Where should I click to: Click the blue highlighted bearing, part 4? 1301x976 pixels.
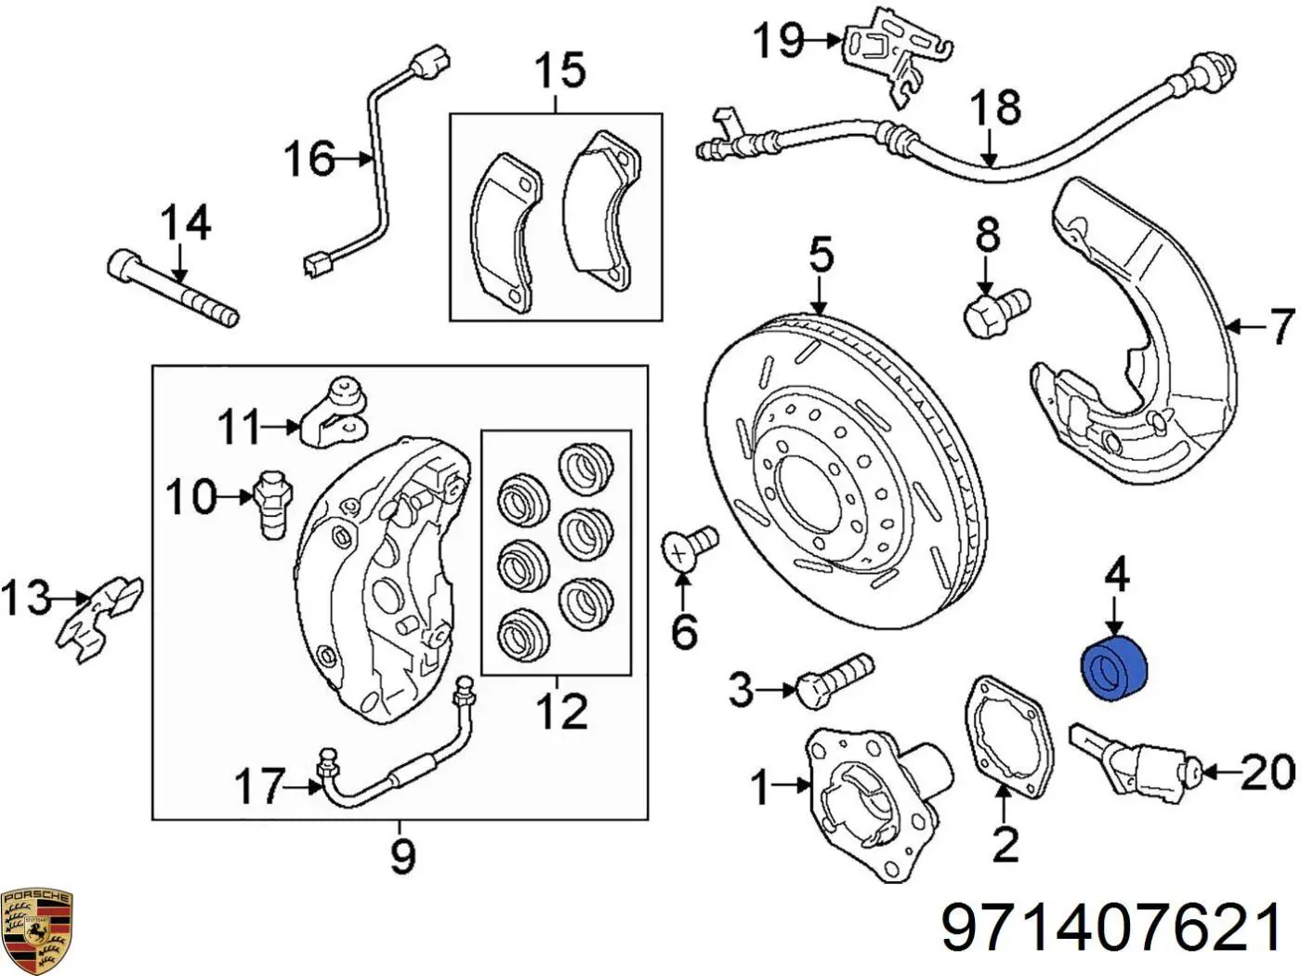point(1115,666)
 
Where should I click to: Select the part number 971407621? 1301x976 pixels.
point(1113,927)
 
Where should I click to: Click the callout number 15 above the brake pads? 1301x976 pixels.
point(559,71)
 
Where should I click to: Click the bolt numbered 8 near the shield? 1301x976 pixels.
point(994,310)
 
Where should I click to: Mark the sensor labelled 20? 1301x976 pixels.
point(1134,759)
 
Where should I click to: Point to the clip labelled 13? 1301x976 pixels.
point(99,618)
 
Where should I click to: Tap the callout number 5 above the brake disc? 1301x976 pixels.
point(821,255)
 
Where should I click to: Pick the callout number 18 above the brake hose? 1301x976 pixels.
point(994,108)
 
